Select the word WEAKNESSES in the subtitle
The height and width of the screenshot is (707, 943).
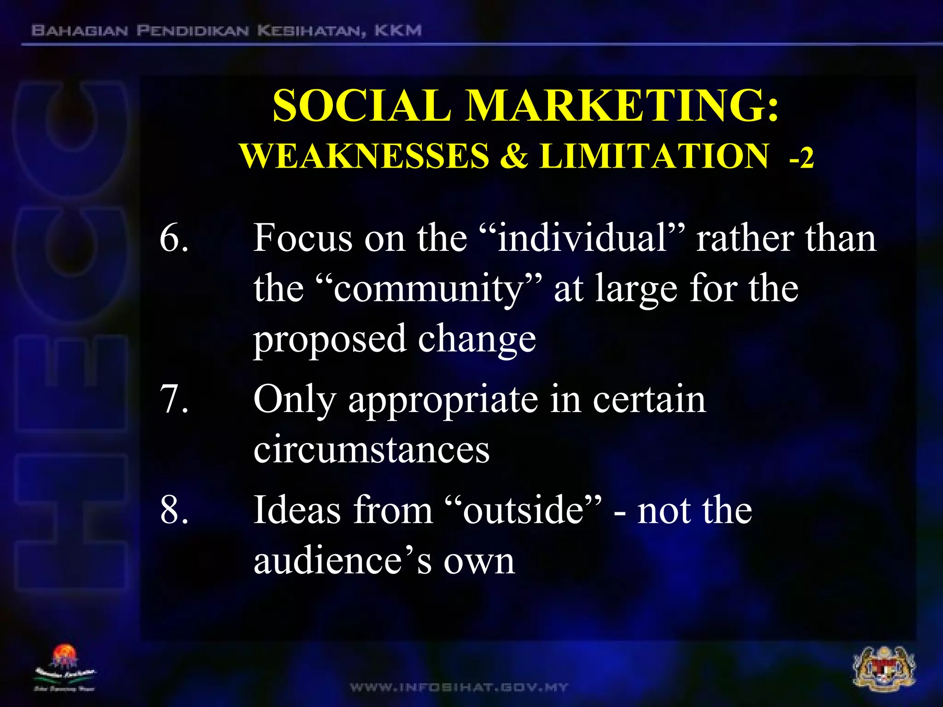pos(364,156)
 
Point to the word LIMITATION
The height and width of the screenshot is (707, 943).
pos(654,156)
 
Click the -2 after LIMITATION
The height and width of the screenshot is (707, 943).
pos(802,159)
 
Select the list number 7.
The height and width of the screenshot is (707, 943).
pos(174,399)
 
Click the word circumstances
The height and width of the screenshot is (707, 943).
pos(372,449)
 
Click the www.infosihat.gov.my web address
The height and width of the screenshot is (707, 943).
pos(459,688)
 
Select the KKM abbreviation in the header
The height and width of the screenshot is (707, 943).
pos(398,31)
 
